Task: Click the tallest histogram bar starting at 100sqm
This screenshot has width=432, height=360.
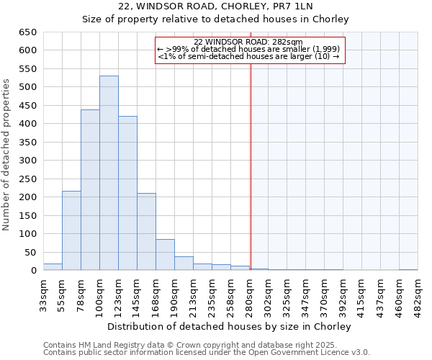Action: click(x=109, y=173)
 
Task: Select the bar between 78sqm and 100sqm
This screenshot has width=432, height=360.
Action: click(x=90, y=190)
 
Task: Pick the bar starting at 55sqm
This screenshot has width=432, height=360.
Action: click(x=71, y=230)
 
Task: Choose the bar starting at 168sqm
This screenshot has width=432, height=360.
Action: click(x=165, y=255)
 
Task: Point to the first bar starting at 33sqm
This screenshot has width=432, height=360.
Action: click(x=53, y=267)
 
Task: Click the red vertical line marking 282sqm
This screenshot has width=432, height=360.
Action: click(x=251, y=151)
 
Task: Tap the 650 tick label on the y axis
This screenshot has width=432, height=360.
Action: click(x=28, y=32)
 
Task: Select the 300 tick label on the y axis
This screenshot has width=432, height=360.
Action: click(x=28, y=161)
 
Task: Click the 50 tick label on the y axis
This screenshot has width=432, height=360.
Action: click(x=31, y=252)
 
